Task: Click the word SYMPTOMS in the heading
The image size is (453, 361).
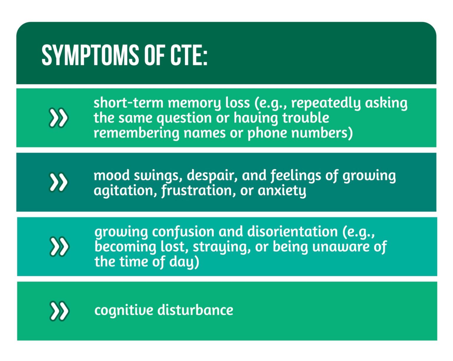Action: point(90,55)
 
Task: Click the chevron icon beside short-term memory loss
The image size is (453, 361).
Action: point(58,118)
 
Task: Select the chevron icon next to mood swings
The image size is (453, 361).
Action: point(58,182)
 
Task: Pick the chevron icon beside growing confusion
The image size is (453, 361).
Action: point(59,246)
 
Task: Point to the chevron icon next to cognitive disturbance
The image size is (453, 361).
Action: point(59,311)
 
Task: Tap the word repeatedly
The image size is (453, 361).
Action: point(326,103)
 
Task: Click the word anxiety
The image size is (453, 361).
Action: point(282,191)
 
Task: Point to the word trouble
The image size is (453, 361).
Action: point(306,118)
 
